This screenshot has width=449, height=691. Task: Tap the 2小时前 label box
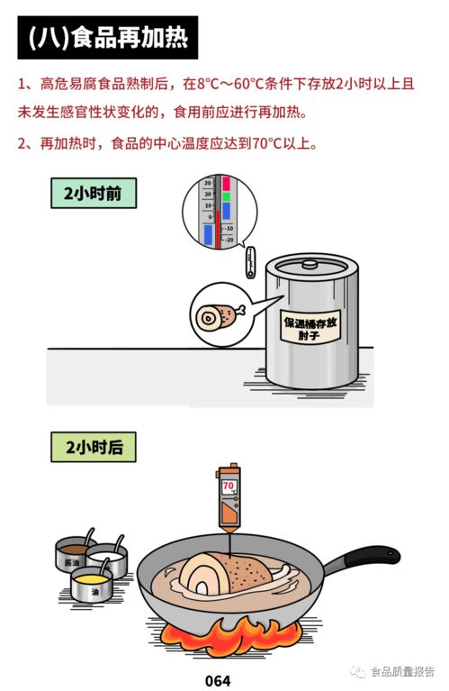tap(93, 193)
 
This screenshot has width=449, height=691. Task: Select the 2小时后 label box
tap(93, 447)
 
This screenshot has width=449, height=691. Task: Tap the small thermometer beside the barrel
tap(250, 263)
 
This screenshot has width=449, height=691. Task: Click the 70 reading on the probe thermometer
tap(229, 486)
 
